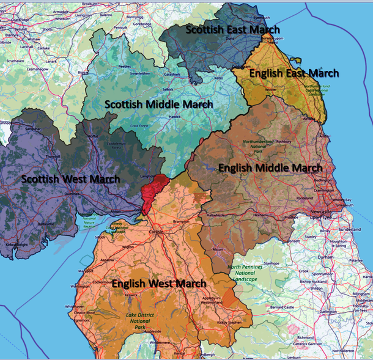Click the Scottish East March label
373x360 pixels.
[232, 29]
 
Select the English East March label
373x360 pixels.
[286, 73]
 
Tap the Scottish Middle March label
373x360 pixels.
[159, 105]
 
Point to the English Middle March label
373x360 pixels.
[270, 167]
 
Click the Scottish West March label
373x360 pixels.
[70, 179]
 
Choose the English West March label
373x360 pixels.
[159, 284]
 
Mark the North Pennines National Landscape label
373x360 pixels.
[248, 273]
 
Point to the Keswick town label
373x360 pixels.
[131, 295]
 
